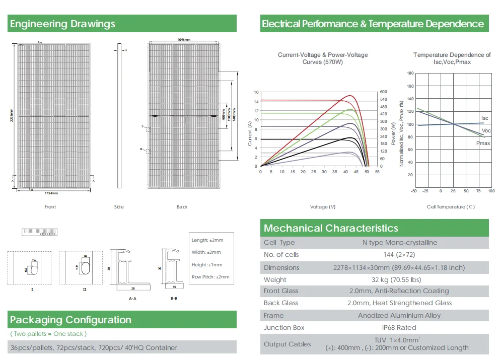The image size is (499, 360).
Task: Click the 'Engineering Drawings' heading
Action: click(62, 24)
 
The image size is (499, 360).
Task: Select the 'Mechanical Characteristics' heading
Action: click(331, 228)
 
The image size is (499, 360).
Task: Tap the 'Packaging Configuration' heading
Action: click(70, 320)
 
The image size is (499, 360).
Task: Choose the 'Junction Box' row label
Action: click(284, 328)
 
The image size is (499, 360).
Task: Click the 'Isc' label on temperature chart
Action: click(485, 118)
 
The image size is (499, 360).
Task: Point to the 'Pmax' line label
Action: click(483, 143)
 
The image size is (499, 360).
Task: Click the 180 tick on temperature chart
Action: click(410, 74)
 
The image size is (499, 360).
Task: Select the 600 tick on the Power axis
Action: click(383, 92)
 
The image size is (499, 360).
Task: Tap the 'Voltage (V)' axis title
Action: click(323, 207)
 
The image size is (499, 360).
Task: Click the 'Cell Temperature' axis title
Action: click(451, 207)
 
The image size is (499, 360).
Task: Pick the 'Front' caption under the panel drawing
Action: click(50, 207)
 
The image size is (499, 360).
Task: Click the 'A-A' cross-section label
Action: click(133, 299)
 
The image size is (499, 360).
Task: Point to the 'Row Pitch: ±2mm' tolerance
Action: click(210, 277)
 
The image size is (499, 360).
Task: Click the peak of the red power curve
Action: click(348, 96)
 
